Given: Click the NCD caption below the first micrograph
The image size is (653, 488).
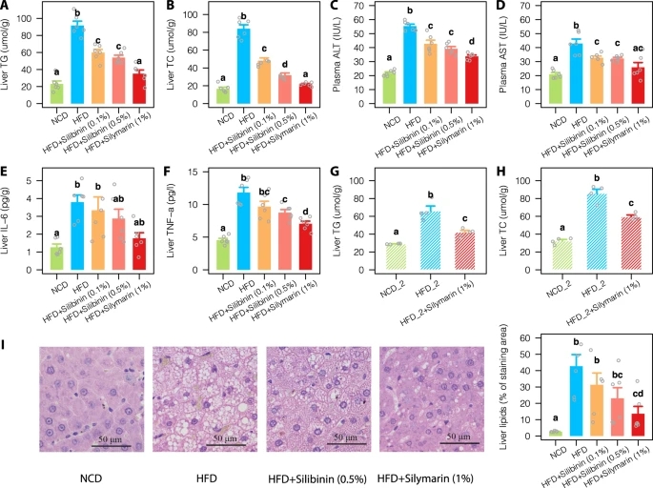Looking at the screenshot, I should tap(89, 474).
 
